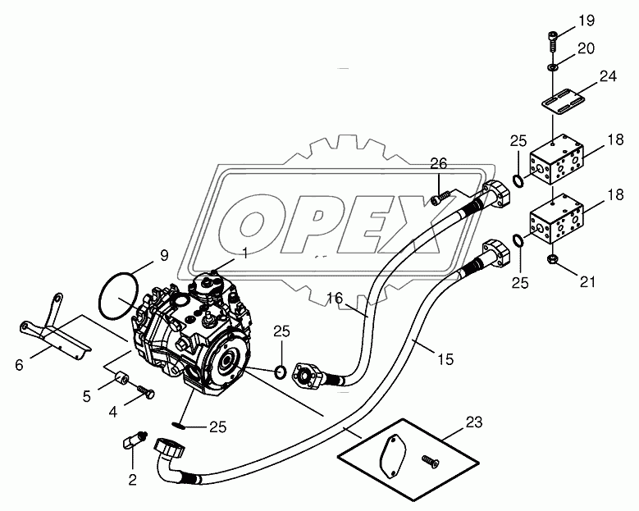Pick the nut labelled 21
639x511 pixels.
(551, 259)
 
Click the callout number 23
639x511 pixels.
(475, 422)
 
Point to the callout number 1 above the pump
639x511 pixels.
(245, 252)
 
